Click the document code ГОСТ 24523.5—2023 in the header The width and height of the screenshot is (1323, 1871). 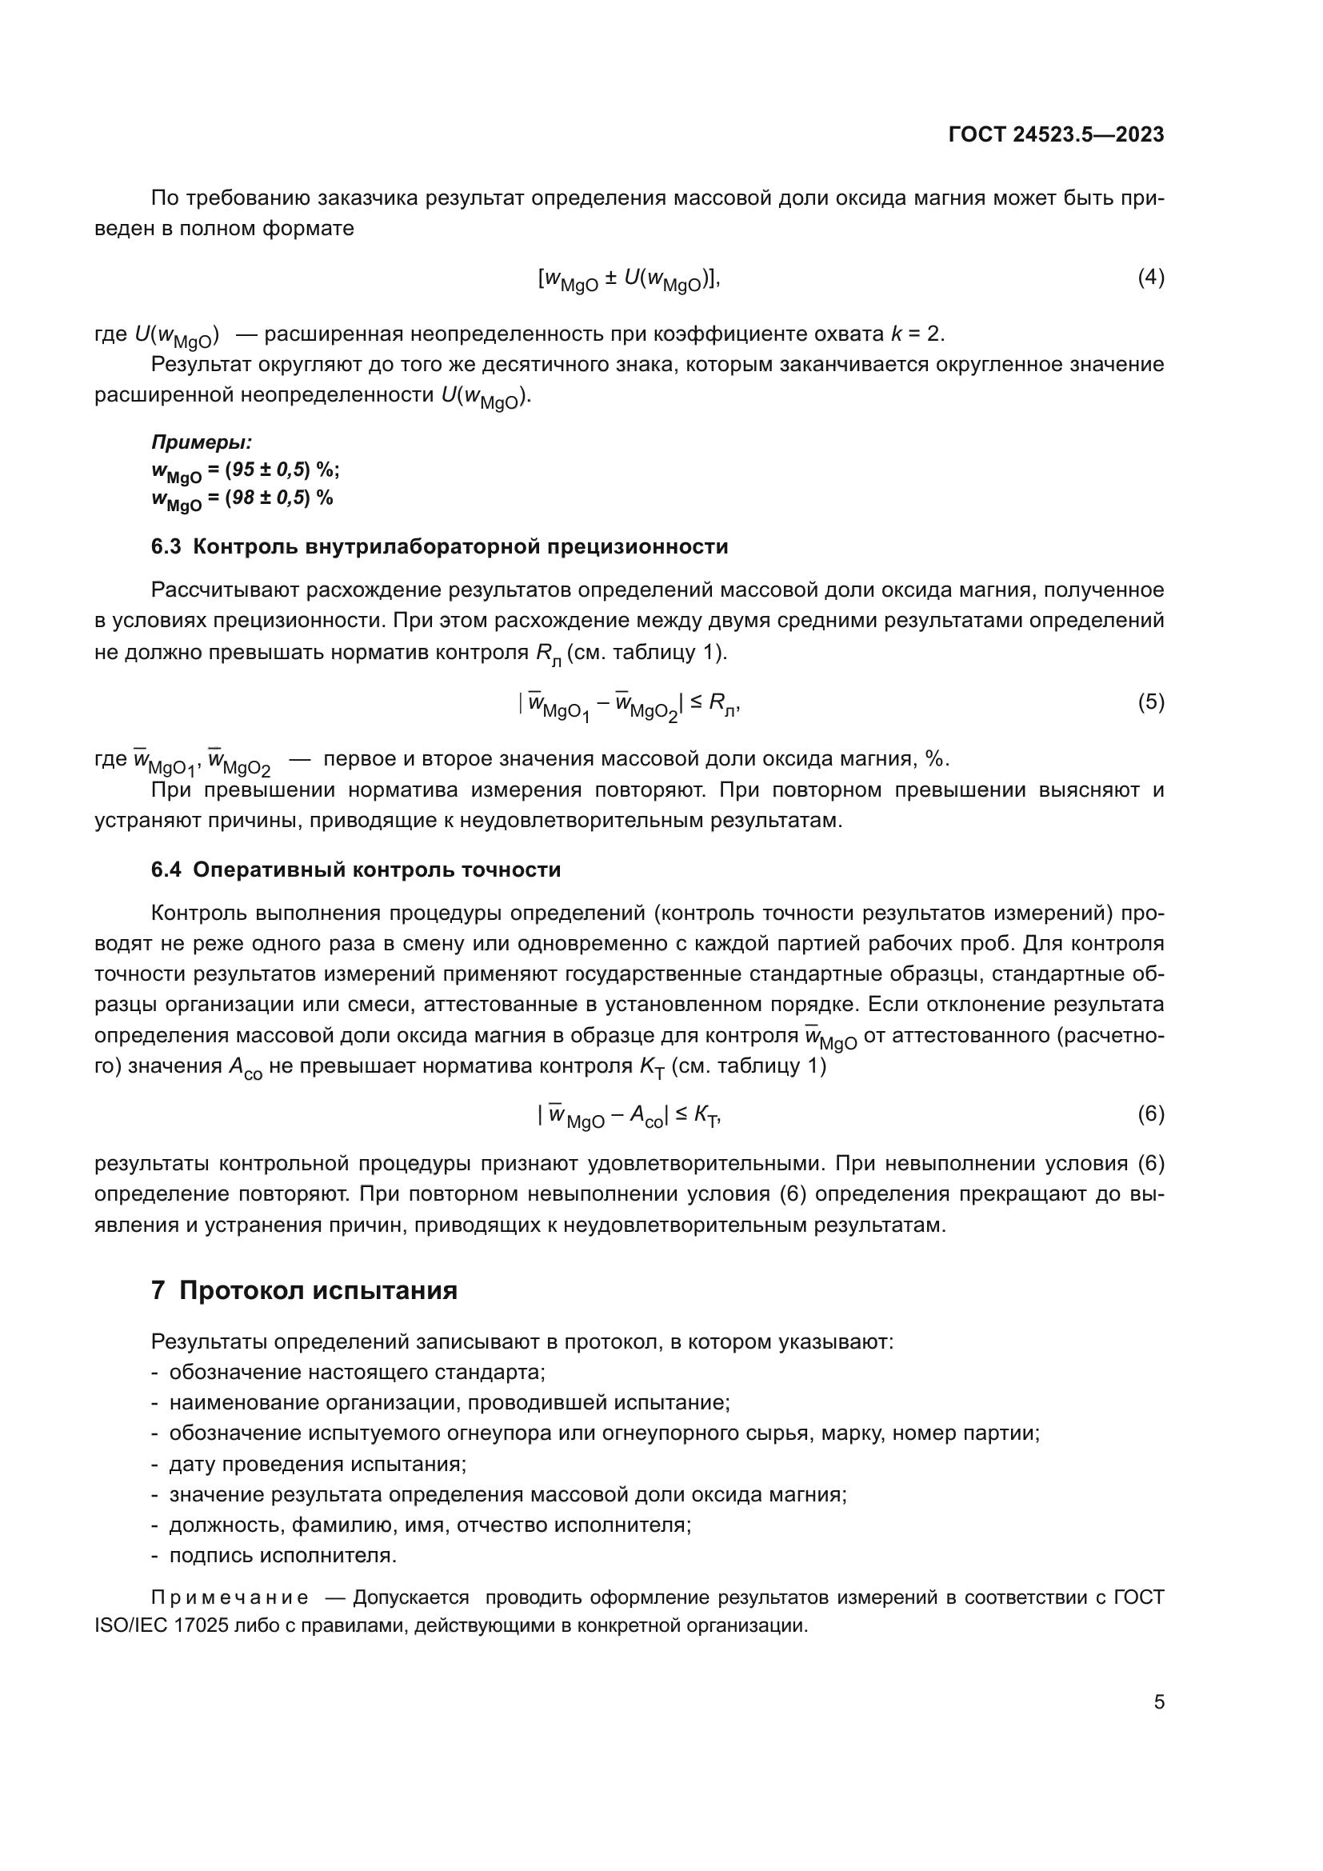coord(1056,134)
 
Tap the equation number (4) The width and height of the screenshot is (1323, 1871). coord(1150,278)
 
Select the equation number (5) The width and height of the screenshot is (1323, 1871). coord(1150,702)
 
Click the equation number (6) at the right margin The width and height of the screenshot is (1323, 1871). coord(1150,1113)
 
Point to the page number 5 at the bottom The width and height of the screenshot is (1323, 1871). coord(1158,1701)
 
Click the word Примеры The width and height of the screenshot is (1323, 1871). coord(202,442)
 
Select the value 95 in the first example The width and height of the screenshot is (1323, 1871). coord(244,470)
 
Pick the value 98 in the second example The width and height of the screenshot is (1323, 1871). coord(244,498)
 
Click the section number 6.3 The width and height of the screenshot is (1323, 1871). coord(166,547)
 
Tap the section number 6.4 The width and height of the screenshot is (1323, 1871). coord(166,870)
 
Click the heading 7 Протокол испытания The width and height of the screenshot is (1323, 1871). coord(304,1291)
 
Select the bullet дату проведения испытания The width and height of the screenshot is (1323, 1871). coord(317,1465)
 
